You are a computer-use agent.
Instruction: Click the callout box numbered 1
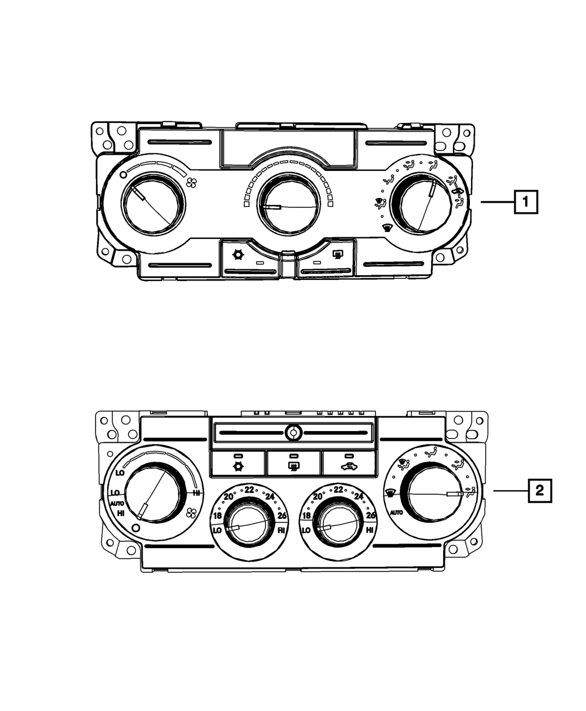point(526,202)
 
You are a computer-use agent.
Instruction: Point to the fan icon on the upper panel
point(191,183)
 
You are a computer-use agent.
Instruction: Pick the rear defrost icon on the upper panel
point(338,255)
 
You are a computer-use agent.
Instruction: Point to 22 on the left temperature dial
point(250,490)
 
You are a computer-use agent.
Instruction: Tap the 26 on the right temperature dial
point(370,515)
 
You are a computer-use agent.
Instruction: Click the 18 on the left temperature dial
point(217,516)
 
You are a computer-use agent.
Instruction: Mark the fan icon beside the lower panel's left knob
point(190,514)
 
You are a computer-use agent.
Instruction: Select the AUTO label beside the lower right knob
point(396,512)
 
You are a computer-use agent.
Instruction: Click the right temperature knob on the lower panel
point(337,519)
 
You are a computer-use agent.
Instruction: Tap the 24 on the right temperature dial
point(359,497)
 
